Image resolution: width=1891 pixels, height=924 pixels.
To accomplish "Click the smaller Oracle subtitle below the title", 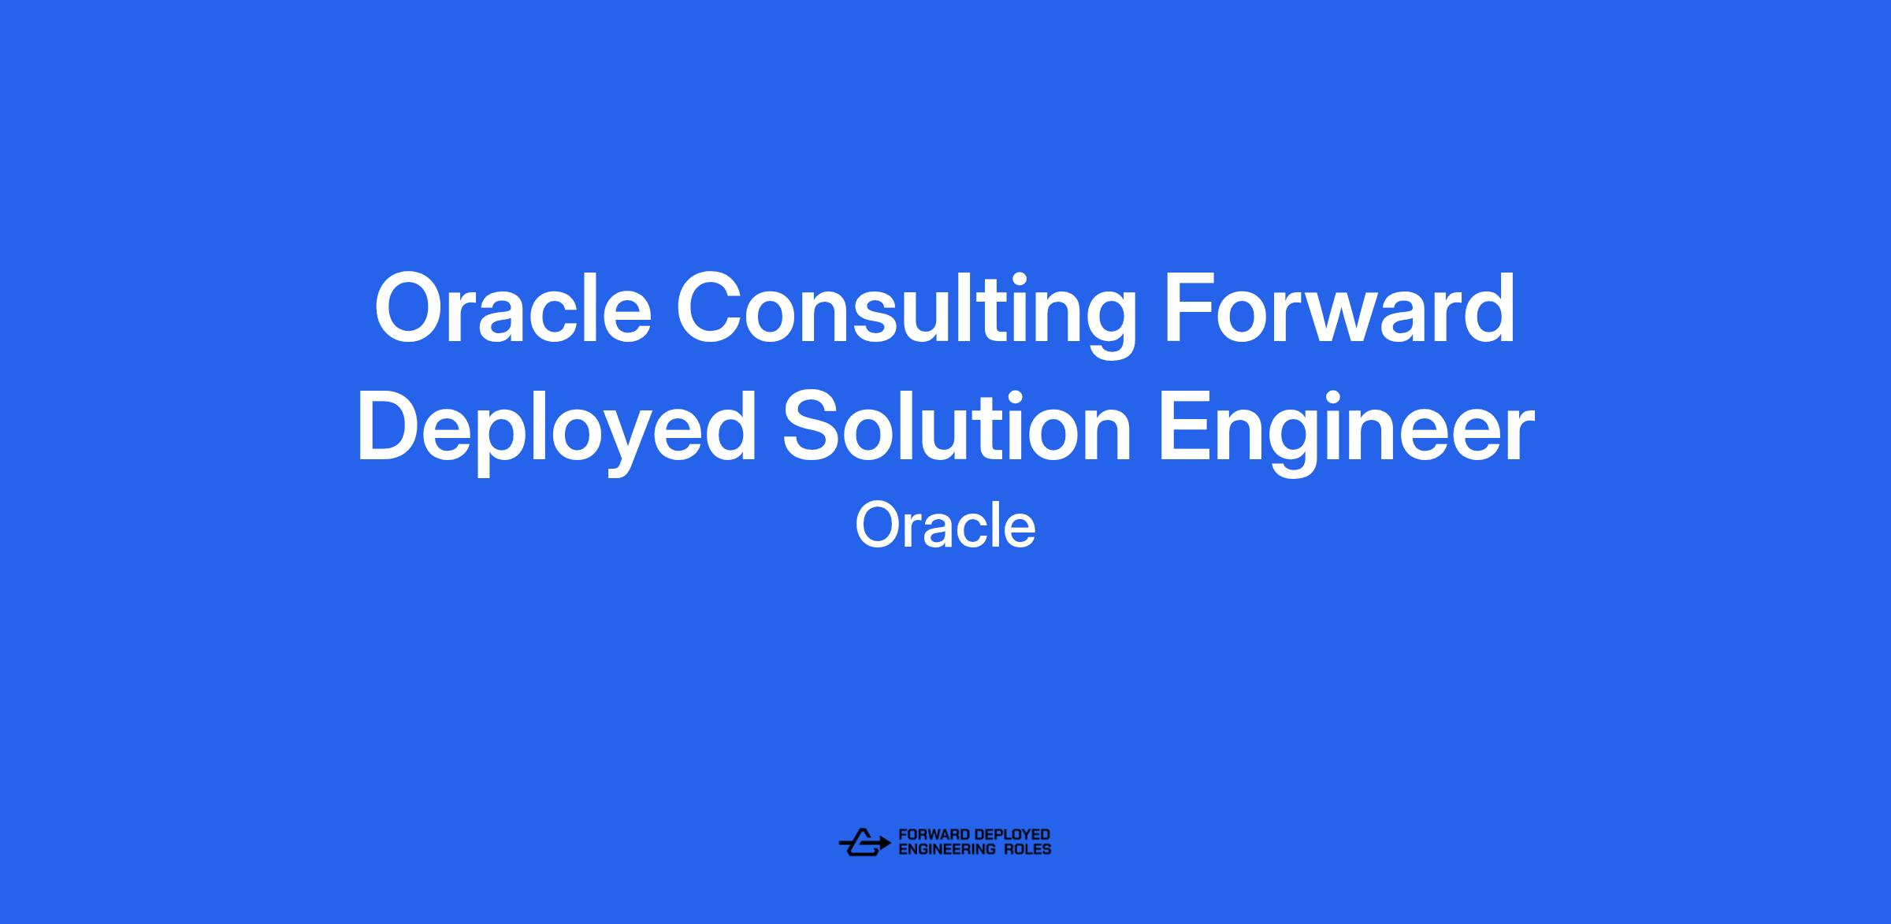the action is (945, 525).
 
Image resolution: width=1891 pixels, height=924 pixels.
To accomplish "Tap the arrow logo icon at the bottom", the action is (864, 842).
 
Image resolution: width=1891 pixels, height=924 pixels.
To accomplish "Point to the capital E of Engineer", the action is (1184, 426).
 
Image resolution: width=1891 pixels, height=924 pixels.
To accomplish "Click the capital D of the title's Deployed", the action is (391, 426).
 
